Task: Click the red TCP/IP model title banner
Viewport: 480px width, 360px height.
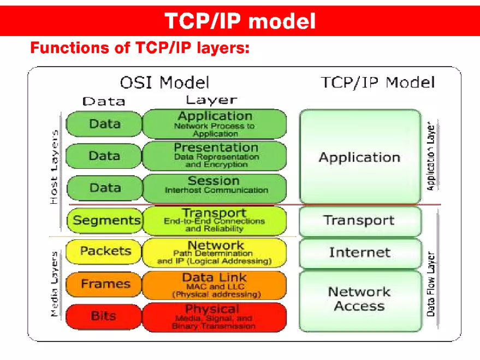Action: click(240, 21)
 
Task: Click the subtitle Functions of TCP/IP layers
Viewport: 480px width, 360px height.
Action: click(140, 49)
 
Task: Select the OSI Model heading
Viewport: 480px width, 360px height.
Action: click(164, 83)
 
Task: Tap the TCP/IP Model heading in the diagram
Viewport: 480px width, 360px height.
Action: click(377, 83)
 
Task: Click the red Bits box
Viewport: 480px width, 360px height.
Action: click(103, 316)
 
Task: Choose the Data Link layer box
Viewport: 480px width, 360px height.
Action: click(214, 285)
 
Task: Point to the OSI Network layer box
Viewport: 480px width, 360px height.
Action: click(214, 252)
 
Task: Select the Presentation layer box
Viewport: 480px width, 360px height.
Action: click(214, 155)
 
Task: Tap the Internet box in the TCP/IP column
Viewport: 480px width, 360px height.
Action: click(360, 252)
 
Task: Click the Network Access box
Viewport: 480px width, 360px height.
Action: click(360, 299)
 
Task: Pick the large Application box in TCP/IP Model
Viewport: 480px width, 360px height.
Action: click(360, 157)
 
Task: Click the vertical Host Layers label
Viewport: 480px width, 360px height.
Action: click(55, 167)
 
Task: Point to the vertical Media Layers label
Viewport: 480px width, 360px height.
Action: click(55, 284)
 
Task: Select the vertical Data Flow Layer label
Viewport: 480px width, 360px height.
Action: click(431, 284)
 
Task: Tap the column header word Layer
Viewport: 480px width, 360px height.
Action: click(211, 100)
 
